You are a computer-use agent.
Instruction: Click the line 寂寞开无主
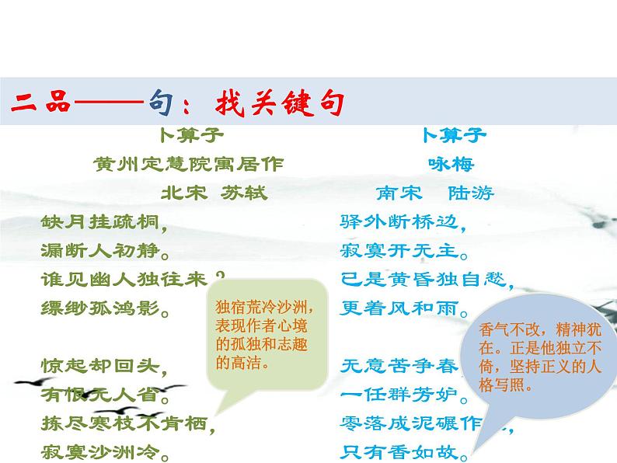point(403,251)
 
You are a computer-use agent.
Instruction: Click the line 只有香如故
point(403,450)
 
